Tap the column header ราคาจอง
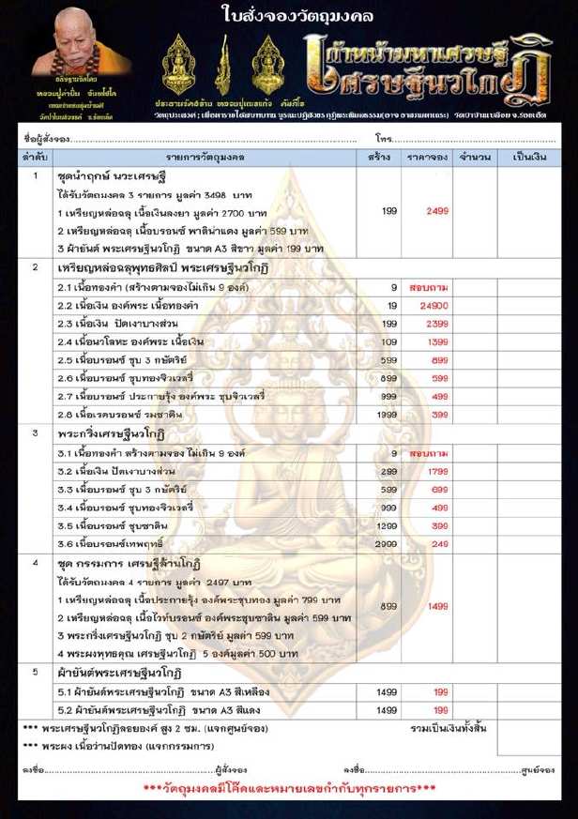tap(426, 158)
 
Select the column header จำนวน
tap(475, 158)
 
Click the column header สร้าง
tap(380, 158)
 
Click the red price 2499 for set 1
tap(430, 212)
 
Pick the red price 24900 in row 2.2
tap(430, 306)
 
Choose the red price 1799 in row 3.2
tap(430, 471)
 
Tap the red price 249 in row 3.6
tap(430, 543)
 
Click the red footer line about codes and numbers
tap(288, 787)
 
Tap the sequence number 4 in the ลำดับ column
tap(35, 562)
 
